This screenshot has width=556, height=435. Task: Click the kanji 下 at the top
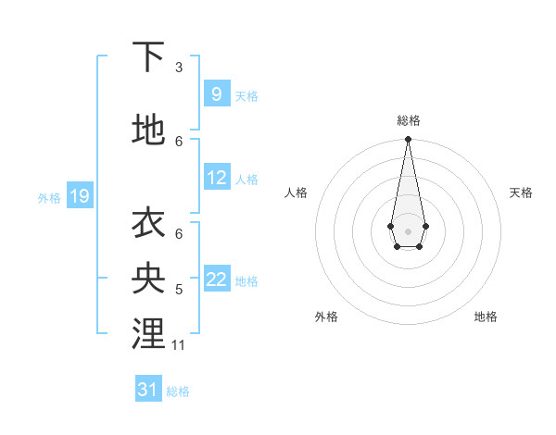click(x=148, y=57)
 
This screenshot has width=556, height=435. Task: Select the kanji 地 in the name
click(x=148, y=130)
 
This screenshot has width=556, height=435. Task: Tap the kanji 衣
click(x=148, y=224)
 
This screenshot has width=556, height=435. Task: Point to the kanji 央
click(x=148, y=279)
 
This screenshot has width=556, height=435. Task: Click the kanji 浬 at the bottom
click(x=148, y=334)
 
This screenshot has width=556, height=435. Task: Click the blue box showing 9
click(x=216, y=94)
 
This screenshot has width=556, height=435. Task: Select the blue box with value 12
click(x=217, y=178)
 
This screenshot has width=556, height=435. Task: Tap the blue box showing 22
click(x=217, y=280)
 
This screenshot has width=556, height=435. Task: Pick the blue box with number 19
click(x=79, y=196)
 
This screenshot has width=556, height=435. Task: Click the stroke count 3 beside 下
click(x=179, y=68)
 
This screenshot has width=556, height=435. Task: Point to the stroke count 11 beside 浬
click(x=179, y=345)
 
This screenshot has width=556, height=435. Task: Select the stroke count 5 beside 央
click(x=179, y=290)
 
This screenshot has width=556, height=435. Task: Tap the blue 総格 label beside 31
click(x=178, y=391)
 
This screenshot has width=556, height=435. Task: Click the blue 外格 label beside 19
click(x=49, y=197)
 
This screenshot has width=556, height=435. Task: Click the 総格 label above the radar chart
click(x=408, y=120)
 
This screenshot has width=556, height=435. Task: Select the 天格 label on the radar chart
click(x=521, y=193)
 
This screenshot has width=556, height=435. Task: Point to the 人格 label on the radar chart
click(x=297, y=193)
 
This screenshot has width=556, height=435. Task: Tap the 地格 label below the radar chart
click(x=486, y=317)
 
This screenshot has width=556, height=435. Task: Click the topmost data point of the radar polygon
click(x=408, y=140)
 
